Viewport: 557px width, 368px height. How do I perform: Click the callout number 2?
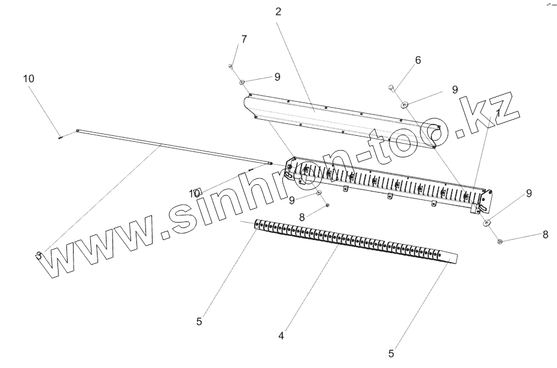[279, 11]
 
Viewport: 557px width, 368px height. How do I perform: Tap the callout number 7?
[244, 39]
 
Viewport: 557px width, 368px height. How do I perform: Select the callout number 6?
[418, 60]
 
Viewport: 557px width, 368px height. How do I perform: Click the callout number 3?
[39, 256]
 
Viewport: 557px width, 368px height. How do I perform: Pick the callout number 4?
[281, 336]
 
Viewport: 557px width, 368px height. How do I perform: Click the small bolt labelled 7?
[231, 66]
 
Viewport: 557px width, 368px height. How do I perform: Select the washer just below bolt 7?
[242, 82]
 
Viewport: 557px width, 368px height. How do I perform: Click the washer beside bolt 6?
[406, 105]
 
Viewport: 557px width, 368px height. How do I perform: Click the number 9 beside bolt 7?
[277, 77]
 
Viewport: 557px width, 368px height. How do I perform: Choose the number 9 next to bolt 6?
[455, 90]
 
